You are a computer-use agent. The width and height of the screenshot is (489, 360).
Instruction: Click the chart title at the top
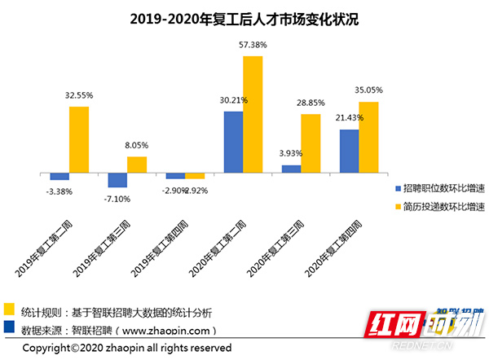[244, 17]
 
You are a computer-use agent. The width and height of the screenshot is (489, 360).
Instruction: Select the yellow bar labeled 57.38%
[253, 114]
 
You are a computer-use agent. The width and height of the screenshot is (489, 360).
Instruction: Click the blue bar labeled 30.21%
[233, 142]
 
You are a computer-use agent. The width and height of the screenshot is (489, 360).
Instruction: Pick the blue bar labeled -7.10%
[117, 180]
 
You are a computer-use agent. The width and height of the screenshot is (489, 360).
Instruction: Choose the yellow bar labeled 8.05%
[137, 165]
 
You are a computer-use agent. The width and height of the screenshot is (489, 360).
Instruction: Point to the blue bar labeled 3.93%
[291, 169]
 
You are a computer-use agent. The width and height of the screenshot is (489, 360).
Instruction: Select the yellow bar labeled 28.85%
[311, 143]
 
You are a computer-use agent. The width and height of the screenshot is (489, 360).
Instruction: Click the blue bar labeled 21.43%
[349, 151]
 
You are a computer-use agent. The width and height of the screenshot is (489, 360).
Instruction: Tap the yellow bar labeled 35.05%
[368, 137]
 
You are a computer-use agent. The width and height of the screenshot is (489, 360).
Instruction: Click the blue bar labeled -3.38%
[59, 176]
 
